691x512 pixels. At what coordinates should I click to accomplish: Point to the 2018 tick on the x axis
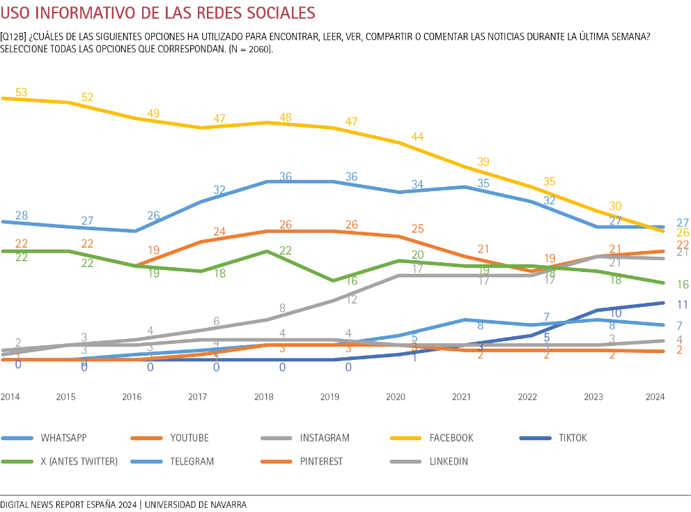tap(263, 397)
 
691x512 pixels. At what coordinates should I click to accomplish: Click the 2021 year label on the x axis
tap(461, 397)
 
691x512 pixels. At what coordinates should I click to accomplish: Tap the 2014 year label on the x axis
tap(10, 397)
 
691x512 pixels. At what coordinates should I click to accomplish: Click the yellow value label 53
tap(21, 92)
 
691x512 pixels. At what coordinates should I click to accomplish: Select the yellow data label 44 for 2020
tap(418, 137)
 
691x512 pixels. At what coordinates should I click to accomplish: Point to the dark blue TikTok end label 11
tap(683, 305)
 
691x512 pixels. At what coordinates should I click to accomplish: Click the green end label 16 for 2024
tap(683, 285)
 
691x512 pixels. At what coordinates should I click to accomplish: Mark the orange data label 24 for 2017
tap(219, 232)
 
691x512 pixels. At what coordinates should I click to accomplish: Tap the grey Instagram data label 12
tap(351, 299)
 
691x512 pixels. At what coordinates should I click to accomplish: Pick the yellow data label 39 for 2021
tap(483, 162)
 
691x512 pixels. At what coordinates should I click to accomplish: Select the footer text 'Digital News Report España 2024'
tap(68, 504)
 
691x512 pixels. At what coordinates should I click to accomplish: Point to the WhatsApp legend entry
tap(63, 438)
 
